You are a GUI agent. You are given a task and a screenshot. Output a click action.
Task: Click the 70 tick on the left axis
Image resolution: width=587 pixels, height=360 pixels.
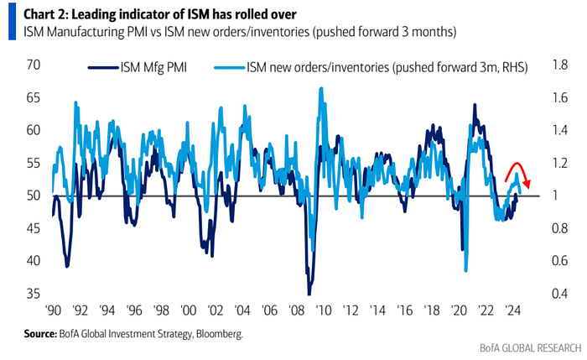click(x=34, y=65)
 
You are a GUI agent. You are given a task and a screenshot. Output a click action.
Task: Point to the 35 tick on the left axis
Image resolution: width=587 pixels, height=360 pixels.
click(x=34, y=294)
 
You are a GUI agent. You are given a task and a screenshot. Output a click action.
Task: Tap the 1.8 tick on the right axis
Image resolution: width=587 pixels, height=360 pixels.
click(x=558, y=65)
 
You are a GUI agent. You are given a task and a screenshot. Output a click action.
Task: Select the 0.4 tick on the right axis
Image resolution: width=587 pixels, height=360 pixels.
click(x=558, y=294)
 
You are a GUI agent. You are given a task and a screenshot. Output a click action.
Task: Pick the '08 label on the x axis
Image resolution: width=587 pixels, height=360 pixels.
click(x=295, y=309)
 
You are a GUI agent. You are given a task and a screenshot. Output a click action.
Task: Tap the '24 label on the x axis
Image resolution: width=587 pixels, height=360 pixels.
click(x=506, y=309)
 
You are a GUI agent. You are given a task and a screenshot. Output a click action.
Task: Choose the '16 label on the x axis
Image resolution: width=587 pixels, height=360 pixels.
click(x=402, y=309)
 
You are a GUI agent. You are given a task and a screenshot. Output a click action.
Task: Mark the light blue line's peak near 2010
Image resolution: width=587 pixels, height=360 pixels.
click(x=322, y=87)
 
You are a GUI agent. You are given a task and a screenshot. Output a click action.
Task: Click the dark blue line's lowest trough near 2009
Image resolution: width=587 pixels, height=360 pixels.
click(x=309, y=293)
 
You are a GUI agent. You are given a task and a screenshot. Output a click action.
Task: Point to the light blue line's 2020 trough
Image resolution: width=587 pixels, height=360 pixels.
click(x=465, y=270)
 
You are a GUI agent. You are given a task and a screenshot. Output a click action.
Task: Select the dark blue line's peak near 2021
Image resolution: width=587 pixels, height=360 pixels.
click(x=475, y=105)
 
